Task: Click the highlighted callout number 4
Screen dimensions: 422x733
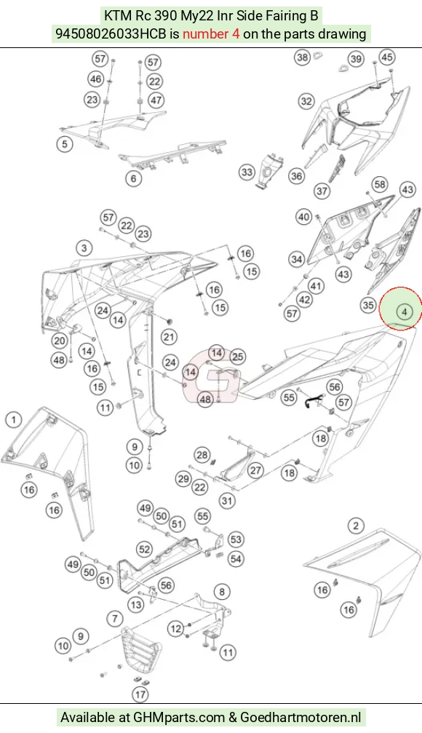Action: tap(405, 311)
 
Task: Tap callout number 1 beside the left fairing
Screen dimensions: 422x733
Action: tap(14, 419)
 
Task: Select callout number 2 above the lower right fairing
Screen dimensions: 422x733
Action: tap(356, 526)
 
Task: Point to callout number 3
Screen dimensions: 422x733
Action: tap(84, 247)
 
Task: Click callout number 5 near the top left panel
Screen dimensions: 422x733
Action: tap(65, 143)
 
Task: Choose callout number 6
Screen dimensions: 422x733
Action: tap(134, 178)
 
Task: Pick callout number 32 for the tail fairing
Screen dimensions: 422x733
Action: tap(306, 101)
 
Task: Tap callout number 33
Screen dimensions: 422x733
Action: tap(247, 172)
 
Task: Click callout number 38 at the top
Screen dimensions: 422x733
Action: tap(303, 58)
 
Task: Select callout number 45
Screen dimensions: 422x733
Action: tap(387, 57)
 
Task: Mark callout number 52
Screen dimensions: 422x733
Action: tap(144, 550)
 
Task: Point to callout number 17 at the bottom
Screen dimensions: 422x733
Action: tap(140, 694)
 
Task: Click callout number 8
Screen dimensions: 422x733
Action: tap(221, 592)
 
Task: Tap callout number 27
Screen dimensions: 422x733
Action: tap(255, 469)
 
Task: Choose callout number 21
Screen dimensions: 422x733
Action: tap(169, 336)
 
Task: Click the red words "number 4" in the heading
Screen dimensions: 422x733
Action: tap(211, 34)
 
